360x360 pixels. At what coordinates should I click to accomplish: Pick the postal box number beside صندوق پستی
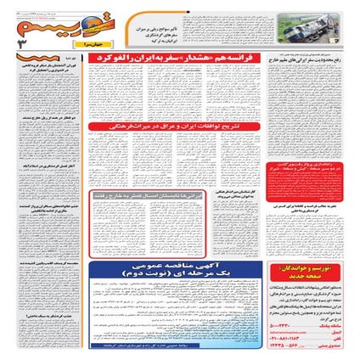pyautogui.click(x=285, y=346)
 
